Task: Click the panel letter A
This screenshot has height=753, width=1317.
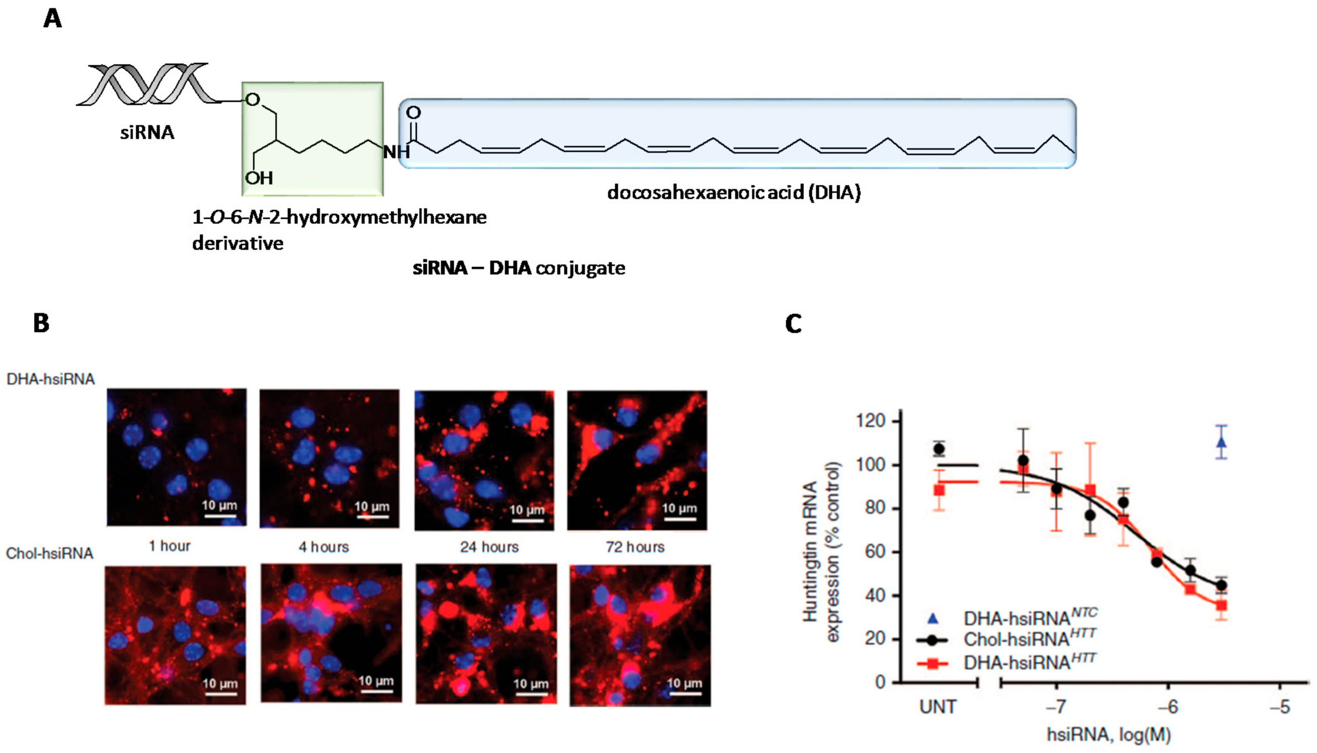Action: (53, 19)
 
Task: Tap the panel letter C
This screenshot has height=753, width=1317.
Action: (793, 324)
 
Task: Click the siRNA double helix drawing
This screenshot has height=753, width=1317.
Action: (147, 85)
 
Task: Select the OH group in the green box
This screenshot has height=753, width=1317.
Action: (259, 178)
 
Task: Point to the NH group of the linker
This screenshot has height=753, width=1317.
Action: (396, 152)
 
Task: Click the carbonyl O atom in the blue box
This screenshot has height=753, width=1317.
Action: (413, 112)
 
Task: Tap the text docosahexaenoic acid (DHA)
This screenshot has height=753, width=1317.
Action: (734, 192)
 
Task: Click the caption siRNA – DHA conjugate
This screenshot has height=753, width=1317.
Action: (519, 268)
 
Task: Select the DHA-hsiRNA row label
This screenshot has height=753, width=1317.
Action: (50, 379)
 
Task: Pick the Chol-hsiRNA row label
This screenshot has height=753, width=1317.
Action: (50, 553)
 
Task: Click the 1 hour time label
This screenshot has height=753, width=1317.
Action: (170, 546)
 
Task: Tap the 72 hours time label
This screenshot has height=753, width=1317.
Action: (635, 547)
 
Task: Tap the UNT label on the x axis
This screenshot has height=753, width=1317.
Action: (938, 707)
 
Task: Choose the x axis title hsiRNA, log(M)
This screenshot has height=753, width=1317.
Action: (1109, 735)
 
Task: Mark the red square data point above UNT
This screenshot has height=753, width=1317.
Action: (939, 490)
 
